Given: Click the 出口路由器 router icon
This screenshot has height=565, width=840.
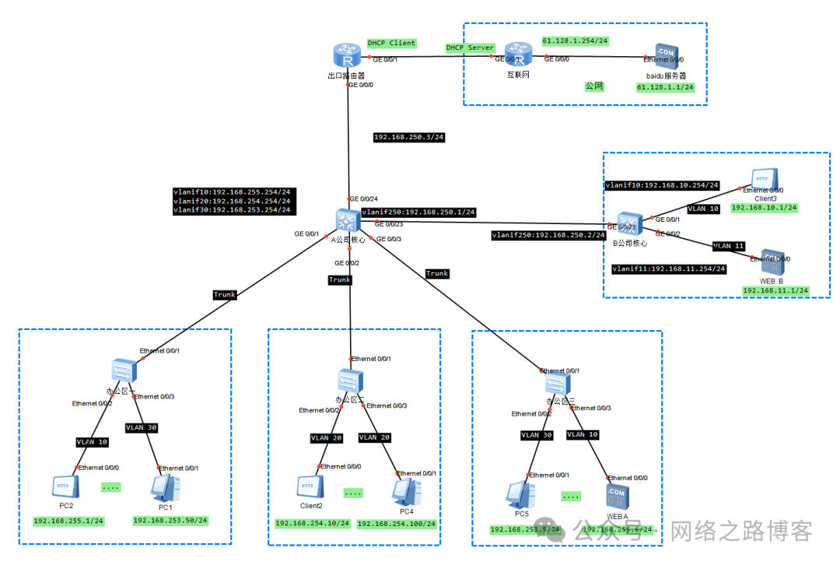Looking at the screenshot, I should [347, 56].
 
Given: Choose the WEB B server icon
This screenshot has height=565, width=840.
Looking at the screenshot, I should [769, 262].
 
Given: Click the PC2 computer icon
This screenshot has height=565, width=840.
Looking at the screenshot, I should [65, 487].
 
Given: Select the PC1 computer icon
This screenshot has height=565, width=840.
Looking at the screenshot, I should [165, 487].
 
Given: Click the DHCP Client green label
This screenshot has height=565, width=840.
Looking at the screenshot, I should [391, 43].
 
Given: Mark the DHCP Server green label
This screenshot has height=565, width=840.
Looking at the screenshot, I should [470, 47].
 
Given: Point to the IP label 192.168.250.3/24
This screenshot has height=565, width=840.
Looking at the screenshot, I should [408, 137].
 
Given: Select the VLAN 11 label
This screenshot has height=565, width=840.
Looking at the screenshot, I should [729, 246].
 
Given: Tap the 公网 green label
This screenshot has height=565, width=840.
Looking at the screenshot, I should [594, 87].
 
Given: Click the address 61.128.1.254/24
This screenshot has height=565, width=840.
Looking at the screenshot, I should [574, 40].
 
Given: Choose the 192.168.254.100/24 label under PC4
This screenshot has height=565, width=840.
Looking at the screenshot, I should [397, 524].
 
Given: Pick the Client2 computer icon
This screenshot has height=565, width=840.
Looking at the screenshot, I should [309, 487].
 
